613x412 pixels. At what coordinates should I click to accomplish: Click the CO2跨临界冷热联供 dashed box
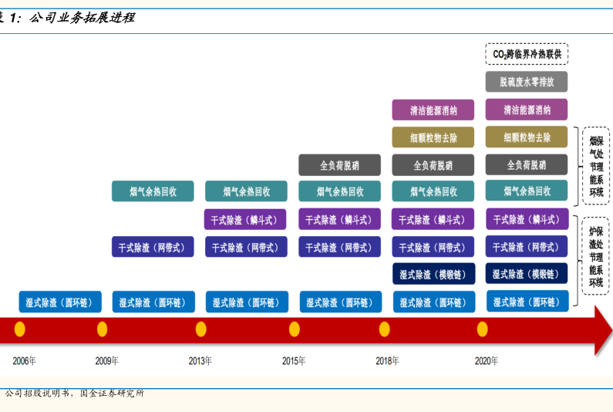(x=527, y=54)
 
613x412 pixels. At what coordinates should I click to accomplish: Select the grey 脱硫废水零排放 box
(x=527, y=82)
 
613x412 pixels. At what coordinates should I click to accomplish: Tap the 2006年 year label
(x=24, y=360)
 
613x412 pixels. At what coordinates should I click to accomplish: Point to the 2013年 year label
(x=200, y=360)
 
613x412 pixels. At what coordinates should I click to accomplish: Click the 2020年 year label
(x=487, y=360)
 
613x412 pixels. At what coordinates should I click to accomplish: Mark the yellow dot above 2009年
(x=102, y=329)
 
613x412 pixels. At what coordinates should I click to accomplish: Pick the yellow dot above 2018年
(x=385, y=329)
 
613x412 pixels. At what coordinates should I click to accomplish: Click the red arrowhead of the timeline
(x=602, y=329)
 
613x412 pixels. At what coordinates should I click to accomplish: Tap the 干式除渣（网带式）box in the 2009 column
(x=153, y=247)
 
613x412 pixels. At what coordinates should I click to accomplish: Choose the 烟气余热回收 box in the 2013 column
(x=246, y=191)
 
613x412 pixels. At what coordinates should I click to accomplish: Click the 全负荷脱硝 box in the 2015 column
(x=339, y=164)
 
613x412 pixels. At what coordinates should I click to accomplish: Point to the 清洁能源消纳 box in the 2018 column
(x=433, y=110)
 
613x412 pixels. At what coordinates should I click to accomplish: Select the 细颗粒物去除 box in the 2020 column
(x=527, y=137)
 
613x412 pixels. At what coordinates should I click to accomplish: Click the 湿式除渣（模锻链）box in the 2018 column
(x=433, y=274)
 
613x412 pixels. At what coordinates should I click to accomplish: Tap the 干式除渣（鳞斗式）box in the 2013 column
(x=246, y=219)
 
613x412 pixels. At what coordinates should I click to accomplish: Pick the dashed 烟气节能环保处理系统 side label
(x=596, y=166)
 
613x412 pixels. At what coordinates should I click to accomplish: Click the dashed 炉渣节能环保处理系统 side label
(x=596, y=255)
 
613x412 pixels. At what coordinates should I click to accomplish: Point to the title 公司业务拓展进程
(x=81, y=17)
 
